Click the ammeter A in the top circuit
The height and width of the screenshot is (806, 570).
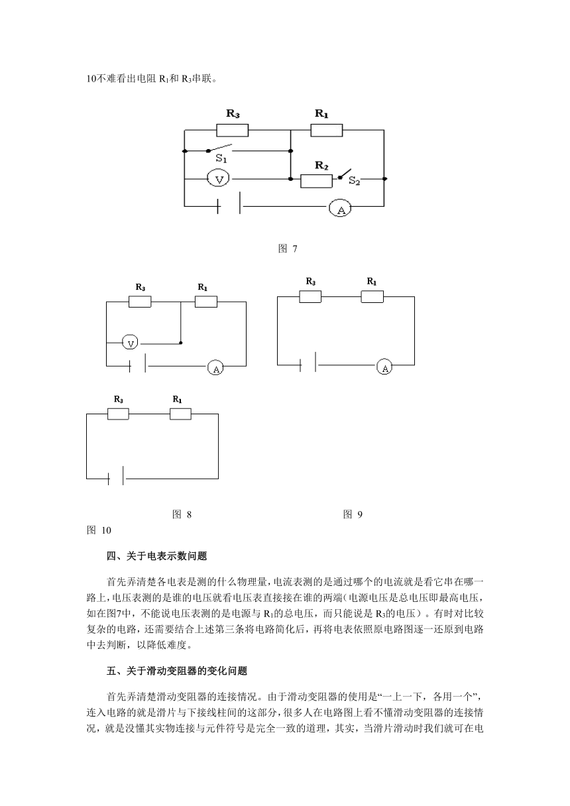340,208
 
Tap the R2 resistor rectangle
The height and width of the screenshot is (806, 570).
316,181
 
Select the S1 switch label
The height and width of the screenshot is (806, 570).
221,158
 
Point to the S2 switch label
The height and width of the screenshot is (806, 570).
354,180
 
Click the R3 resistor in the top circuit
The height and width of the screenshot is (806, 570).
232,131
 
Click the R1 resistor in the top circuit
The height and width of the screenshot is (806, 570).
327,131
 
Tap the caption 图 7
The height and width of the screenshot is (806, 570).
288,249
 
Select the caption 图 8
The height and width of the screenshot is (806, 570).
182,514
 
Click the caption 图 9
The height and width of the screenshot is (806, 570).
353,514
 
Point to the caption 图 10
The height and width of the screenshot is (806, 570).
99,530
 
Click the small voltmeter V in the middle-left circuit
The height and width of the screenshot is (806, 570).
130,343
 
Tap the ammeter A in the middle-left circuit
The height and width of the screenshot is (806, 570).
215,368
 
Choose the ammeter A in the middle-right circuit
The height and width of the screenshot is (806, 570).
384,367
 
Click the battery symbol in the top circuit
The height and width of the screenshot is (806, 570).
229,205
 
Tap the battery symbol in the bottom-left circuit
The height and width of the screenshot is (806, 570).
116,477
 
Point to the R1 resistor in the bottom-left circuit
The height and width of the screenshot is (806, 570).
180,414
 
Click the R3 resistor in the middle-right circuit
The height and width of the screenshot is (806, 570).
310,296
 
